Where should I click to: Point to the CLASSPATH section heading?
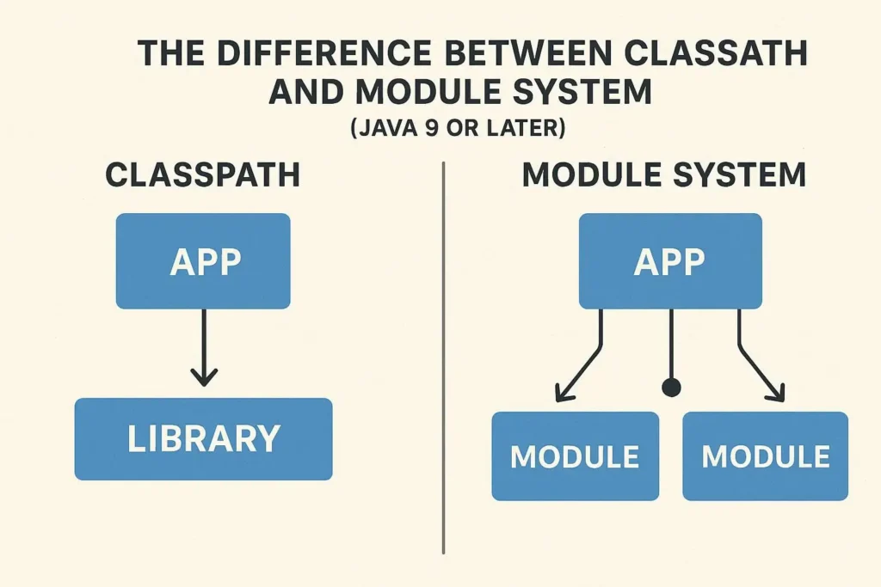point(203,175)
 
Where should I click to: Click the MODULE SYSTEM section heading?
point(663,175)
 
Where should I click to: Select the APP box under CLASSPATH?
point(203,261)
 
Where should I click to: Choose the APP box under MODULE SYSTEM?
point(669,261)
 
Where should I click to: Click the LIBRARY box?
point(203,438)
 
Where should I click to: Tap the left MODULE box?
point(575,456)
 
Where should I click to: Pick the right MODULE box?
point(765,456)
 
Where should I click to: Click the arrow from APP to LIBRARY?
point(203,344)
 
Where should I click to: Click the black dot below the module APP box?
point(671,388)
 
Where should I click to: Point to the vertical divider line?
point(443,361)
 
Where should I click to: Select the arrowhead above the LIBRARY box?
point(203,376)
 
